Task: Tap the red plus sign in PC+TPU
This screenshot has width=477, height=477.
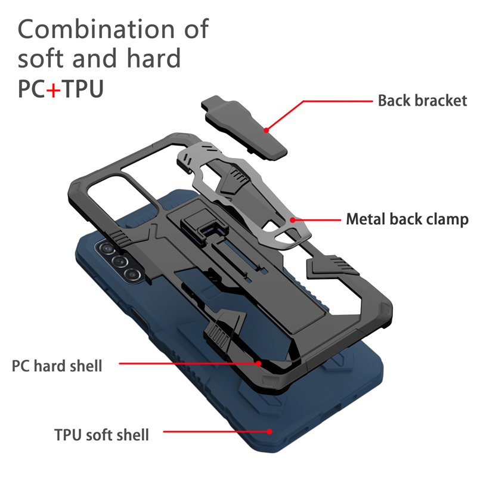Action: pos(54,89)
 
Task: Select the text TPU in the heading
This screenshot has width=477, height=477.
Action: pos(83,89)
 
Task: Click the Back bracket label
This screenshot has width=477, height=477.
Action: pos(422,100)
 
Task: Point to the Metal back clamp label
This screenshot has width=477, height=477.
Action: pos(407,219)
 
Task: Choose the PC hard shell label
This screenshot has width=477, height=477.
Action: pos(57,364)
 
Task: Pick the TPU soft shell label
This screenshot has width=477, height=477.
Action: pos(101,433)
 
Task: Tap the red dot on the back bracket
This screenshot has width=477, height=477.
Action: pos(267,128)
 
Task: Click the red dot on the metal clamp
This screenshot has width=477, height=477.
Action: pos(292,219)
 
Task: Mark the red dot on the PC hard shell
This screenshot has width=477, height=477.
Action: pos(259,362)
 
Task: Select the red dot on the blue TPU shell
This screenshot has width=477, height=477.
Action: pos(270,430)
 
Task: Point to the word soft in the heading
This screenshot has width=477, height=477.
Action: pos(42,58)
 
